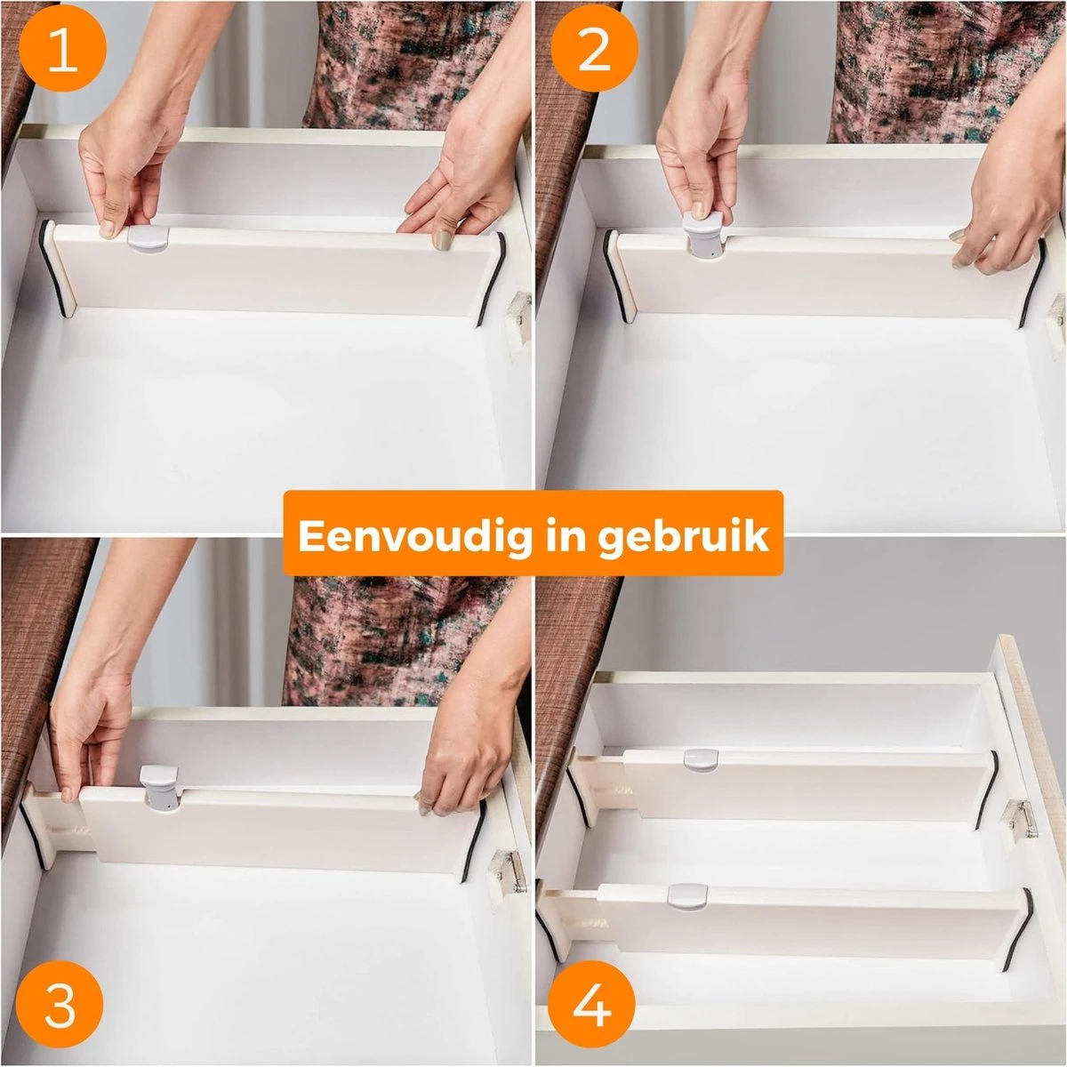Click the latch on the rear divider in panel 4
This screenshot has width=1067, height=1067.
tap(700, 760)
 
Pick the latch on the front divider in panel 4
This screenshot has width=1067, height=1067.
tap(686, 895)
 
